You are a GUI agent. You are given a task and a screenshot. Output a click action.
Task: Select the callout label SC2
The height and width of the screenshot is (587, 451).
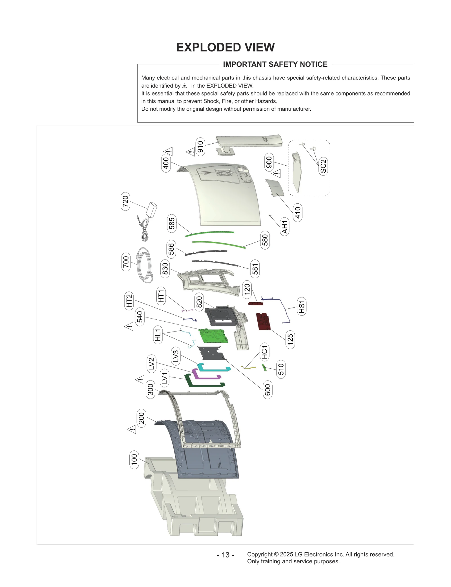coord(323,166)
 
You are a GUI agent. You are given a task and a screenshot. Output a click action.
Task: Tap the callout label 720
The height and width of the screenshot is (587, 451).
coord(125,201)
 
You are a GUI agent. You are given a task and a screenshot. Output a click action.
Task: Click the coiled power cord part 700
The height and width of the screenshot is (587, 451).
coord(144,265)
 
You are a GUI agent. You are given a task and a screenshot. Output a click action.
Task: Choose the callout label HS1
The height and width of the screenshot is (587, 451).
coord(302,306)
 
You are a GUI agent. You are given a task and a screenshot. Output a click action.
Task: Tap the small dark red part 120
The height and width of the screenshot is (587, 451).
coord(255,304)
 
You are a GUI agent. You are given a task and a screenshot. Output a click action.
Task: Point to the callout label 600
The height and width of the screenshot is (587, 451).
coord(268,390)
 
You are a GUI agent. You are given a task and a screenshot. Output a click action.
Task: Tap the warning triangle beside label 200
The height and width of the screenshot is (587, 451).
coord(132,430)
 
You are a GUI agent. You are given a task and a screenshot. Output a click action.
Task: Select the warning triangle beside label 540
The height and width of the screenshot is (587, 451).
coord(129,327)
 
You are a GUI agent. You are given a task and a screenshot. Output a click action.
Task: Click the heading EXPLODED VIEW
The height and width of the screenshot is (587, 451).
coord(225,47)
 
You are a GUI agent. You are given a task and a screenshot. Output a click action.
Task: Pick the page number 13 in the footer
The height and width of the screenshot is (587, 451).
coord(225,555)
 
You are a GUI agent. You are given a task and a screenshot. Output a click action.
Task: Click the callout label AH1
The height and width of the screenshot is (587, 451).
coord(285,227)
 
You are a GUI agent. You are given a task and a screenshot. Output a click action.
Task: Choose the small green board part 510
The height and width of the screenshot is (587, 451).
coord(264,367)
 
